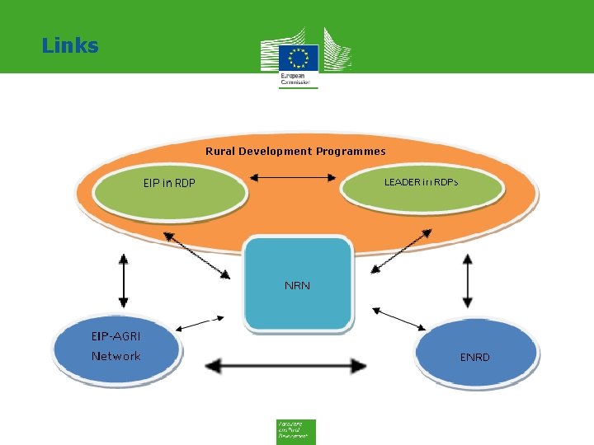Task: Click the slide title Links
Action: pos(70,45)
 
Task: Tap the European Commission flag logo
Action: pos(298,58)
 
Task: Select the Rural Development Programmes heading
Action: pos(295,151)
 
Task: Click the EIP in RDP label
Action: pos(169,183)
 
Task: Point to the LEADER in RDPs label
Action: pos(421,182)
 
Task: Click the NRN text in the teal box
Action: pos(297,286)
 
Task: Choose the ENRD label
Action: pos(474,357)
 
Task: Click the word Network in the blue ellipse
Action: pos(115,356)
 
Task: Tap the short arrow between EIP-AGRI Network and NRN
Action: pos(200,322)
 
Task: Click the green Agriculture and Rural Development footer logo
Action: pos(295,431)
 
